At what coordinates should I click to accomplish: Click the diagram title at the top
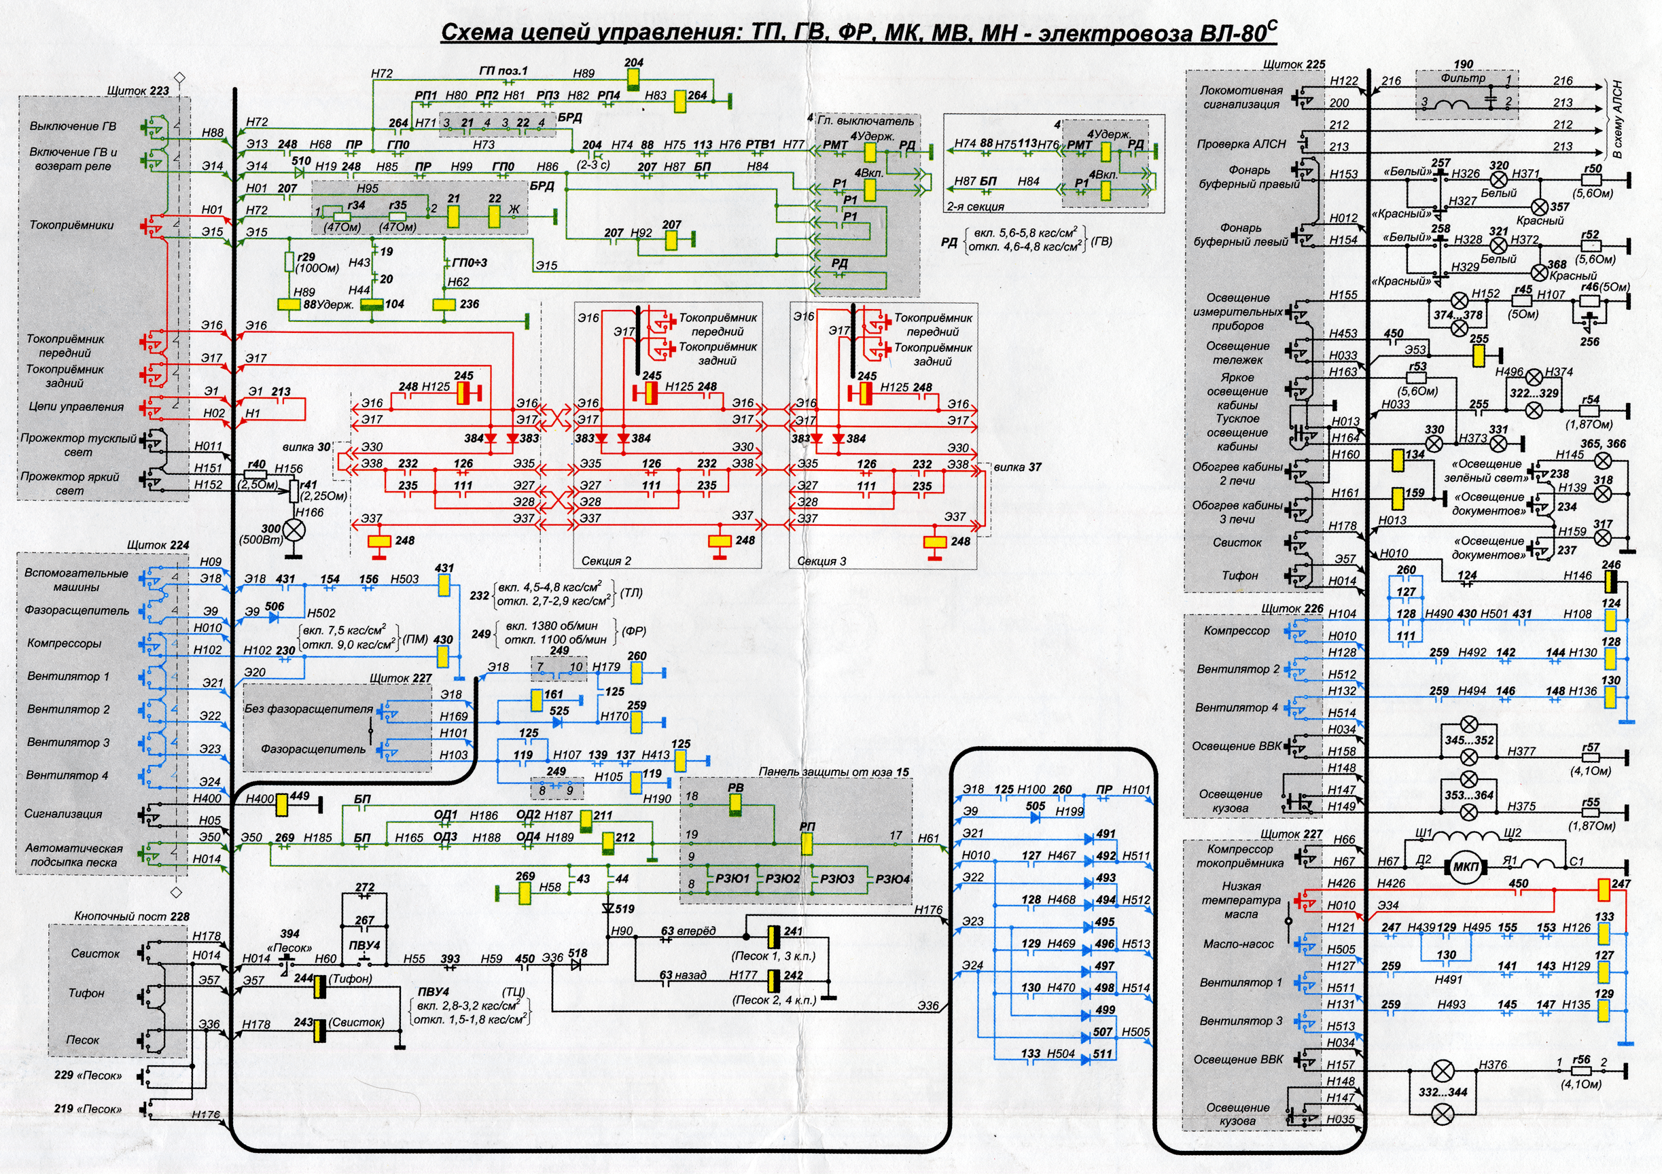pyautogui.click(x=860, y=32)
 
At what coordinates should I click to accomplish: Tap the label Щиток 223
pyautogui.click(x=137, y=90)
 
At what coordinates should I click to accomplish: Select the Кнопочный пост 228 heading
pyautogui.click(x=132, y=917)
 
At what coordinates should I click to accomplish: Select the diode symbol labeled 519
pyautogui.click(x=608, y=908)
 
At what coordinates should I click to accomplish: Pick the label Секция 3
pyautogui.click(x=821, y=561)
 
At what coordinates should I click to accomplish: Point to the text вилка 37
pyautogui.click(x=1017, y=467)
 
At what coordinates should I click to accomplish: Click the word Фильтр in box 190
pyautogui.click(x=1463, y=78)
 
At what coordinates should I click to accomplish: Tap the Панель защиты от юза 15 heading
pyautogui.click(x=834, y=772)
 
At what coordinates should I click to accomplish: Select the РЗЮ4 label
pyautogui.click(x=893, y=878)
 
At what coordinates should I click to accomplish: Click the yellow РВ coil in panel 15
pyautogui.click(x=735, y=804)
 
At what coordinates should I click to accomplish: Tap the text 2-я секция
pyautogui.click(x=975, y=207)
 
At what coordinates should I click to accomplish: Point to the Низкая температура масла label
pyautogui.click(x=1241, y=900)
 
